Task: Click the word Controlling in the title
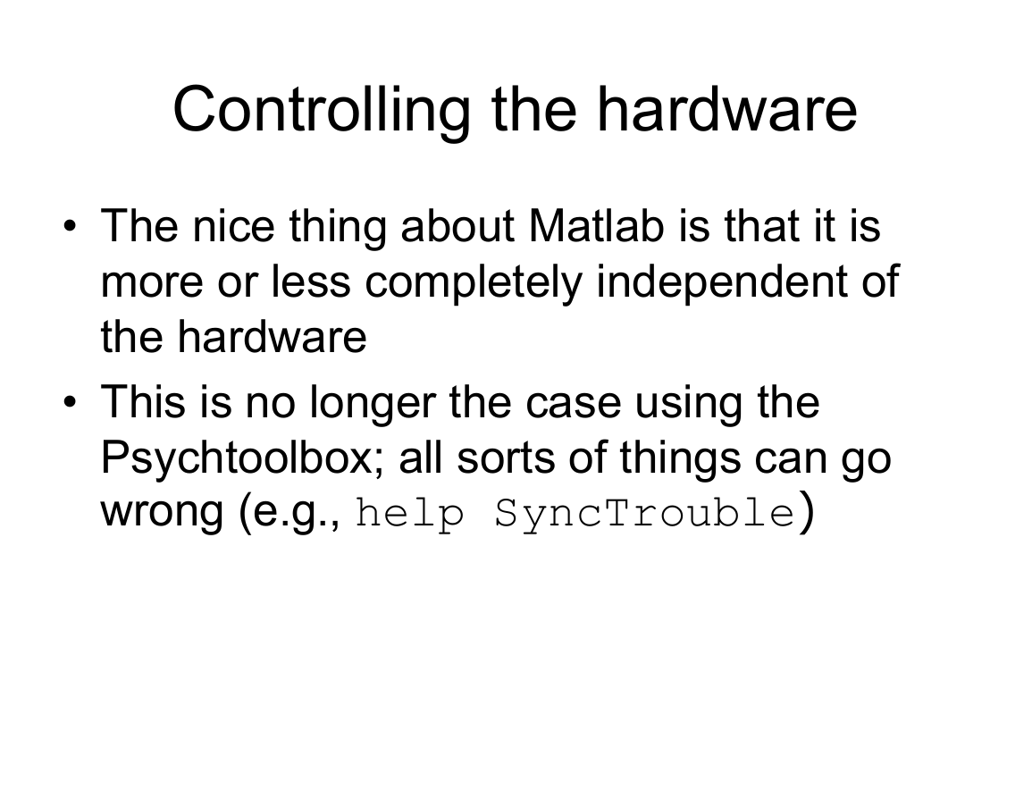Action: (x=322, y=111)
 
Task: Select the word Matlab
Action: (x=596, y=226)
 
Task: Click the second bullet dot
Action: (x=70, y=401)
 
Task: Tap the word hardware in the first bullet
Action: (x=272, y=337)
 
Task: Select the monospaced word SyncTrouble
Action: (x=644, y=513)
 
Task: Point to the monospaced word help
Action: (x=409, y=513)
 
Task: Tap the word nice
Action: (x=233, y=226)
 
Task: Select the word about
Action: (x=457, y=226)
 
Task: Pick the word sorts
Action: (x=506, y=459)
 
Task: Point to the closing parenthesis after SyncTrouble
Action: (x=807, y=513)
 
